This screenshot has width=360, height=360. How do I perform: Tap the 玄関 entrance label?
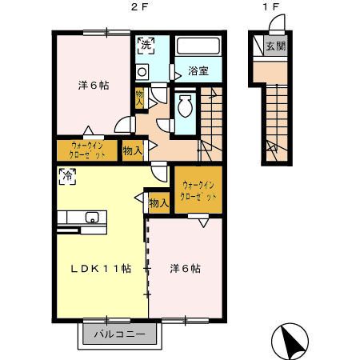pyautogui.click(x=275, y=46)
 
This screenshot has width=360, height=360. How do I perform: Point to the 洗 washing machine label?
pyautogui.click(x=145, y=46)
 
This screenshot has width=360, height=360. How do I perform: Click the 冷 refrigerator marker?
pyautogui.click(x=65, y=175)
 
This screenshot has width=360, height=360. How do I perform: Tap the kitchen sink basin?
pyautogui.click(x=91, y=216)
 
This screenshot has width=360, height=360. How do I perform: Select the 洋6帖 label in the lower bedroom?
pyautogui.click(x=185, y=268)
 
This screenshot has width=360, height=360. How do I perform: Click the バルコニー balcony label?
pyautogui.click(x=118, y=333)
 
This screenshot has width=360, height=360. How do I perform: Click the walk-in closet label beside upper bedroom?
pyautogui.click(x=87, y=150)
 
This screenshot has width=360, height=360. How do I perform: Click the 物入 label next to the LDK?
pyautogui.click(x=158, y=204)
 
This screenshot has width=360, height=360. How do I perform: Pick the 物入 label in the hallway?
pyautogui.click(x=133, y=149)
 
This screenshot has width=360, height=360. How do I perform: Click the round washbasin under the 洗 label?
pyautogui.click(x=142, y=72)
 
